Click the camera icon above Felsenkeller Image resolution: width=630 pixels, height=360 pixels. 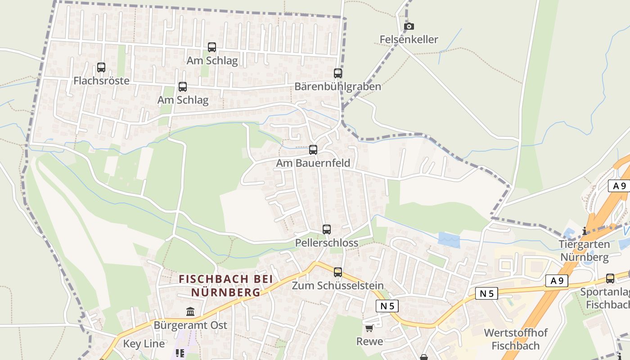point(409,27)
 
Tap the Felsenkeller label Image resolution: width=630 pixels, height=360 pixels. point(409,40)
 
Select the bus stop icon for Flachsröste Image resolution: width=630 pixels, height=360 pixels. point(101,67)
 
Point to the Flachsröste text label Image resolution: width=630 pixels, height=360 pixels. point(101,81)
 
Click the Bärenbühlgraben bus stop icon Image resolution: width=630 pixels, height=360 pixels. point(338,73)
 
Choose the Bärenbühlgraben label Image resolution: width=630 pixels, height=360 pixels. point(337,86)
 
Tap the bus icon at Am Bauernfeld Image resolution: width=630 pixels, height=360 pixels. point(313,149)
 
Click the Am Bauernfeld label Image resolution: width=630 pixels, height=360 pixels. point(313,163)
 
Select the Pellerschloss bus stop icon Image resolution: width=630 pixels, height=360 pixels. point(327,229)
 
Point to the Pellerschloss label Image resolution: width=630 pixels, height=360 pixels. point(327,243)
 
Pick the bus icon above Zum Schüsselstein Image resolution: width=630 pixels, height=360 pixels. point(338,272)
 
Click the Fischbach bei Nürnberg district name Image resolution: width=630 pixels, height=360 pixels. point(226,285)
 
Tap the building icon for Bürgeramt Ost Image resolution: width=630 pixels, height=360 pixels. point(190,311)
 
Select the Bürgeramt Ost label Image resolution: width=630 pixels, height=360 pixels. point(190,325)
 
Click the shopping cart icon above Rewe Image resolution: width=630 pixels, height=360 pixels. point(369,328)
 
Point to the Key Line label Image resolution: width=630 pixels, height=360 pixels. point(144,344)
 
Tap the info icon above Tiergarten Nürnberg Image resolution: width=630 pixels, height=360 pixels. point(585,231)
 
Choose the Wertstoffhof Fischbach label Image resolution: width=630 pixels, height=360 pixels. point(515,339)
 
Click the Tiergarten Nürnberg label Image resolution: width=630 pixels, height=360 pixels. point(584,251)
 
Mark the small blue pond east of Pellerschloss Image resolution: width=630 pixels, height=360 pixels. point(449,240)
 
